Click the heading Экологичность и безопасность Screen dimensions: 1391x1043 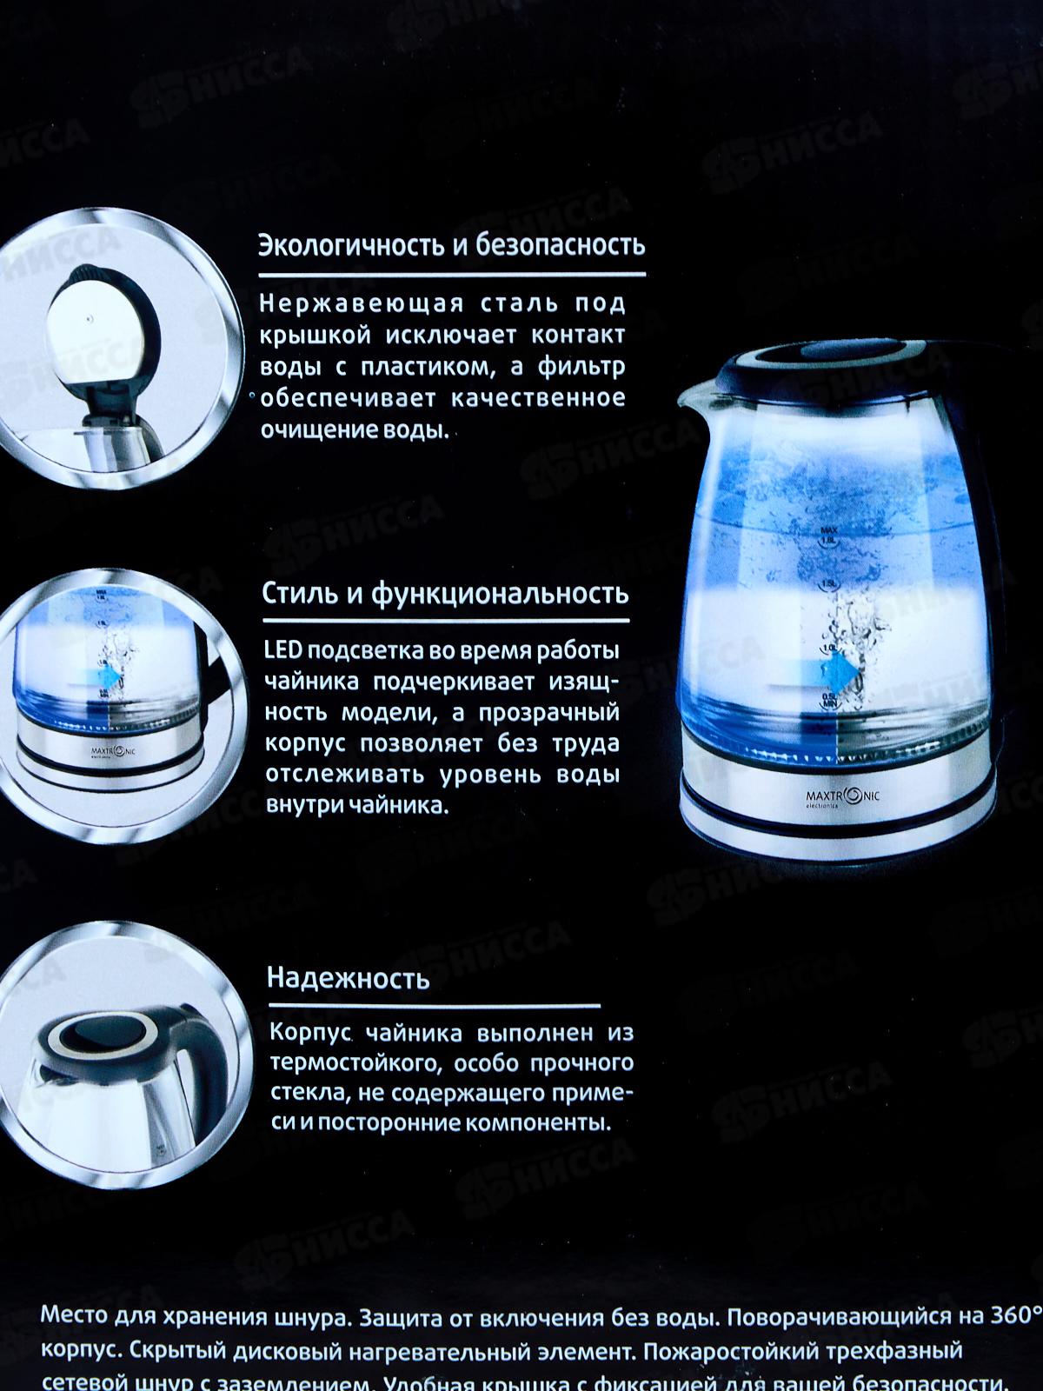451,246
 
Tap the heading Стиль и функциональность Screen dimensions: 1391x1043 445,594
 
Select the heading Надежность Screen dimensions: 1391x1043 348,978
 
